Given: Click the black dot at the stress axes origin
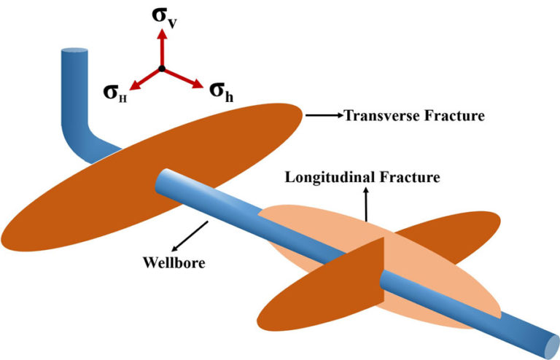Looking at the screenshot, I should pyautogui.click(x=163, y=69).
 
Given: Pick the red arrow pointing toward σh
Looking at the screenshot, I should pyautogui.click(x=182, y=79).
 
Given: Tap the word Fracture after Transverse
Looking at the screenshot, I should pyautogui.click(x=459, y=115).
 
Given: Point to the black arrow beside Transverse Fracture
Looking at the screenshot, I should pyautogui.click(x=324, y=115).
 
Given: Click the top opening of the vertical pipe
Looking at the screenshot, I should pyautogui.click(x=74, y=53).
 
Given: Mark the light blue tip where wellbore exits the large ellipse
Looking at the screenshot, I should pyautogui.click(x=165, y=177).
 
